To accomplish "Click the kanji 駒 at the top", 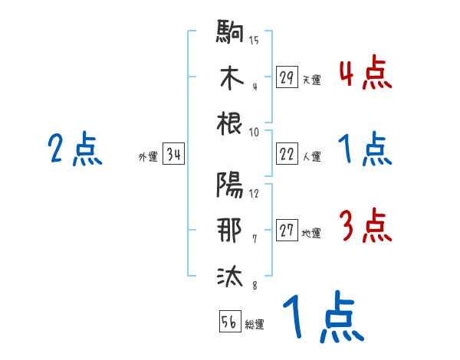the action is [x=230, y=34].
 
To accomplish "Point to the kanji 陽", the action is [x=230, y=185].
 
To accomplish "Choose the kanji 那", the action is [x=230, y=231].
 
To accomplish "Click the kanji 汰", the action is [x=230, y=277].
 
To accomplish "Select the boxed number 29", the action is [x=287, y=77].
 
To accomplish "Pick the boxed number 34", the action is [x=173, y=155].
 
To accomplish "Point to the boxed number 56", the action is [x=229, y=322].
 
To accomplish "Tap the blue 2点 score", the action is [x=75, y=150].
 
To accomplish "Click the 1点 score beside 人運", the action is [x=365, y=149].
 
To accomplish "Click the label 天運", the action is [x=311, y=80].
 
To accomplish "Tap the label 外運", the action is [x=147, y=157].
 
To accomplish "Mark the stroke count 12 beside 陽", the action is [x=254, y=192].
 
